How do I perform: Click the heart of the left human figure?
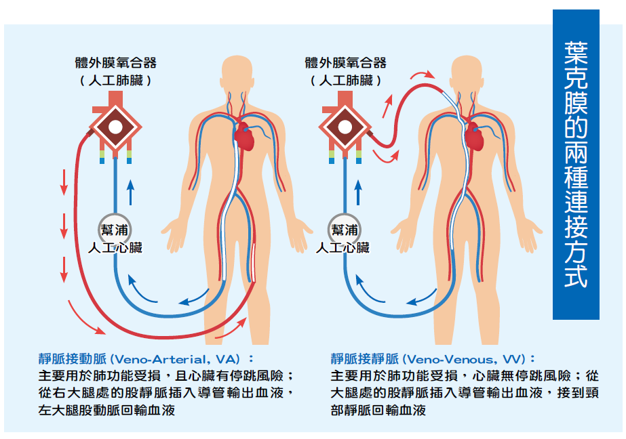[x=245, y=138]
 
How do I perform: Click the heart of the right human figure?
[x=475, y=138]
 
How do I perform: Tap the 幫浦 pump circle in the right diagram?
[x=344, y=229]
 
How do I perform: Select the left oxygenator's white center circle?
[x=115, y=127]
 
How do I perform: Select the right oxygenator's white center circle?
[x=345, y=127]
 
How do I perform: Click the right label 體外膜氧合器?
[x=346, y=63]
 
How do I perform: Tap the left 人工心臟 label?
[x=116, y=247]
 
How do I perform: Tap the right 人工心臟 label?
[x=344, y=247]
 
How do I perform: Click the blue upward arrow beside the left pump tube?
[x=132, y=192]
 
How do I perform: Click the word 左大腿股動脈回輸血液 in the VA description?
[x=106, y=410]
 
